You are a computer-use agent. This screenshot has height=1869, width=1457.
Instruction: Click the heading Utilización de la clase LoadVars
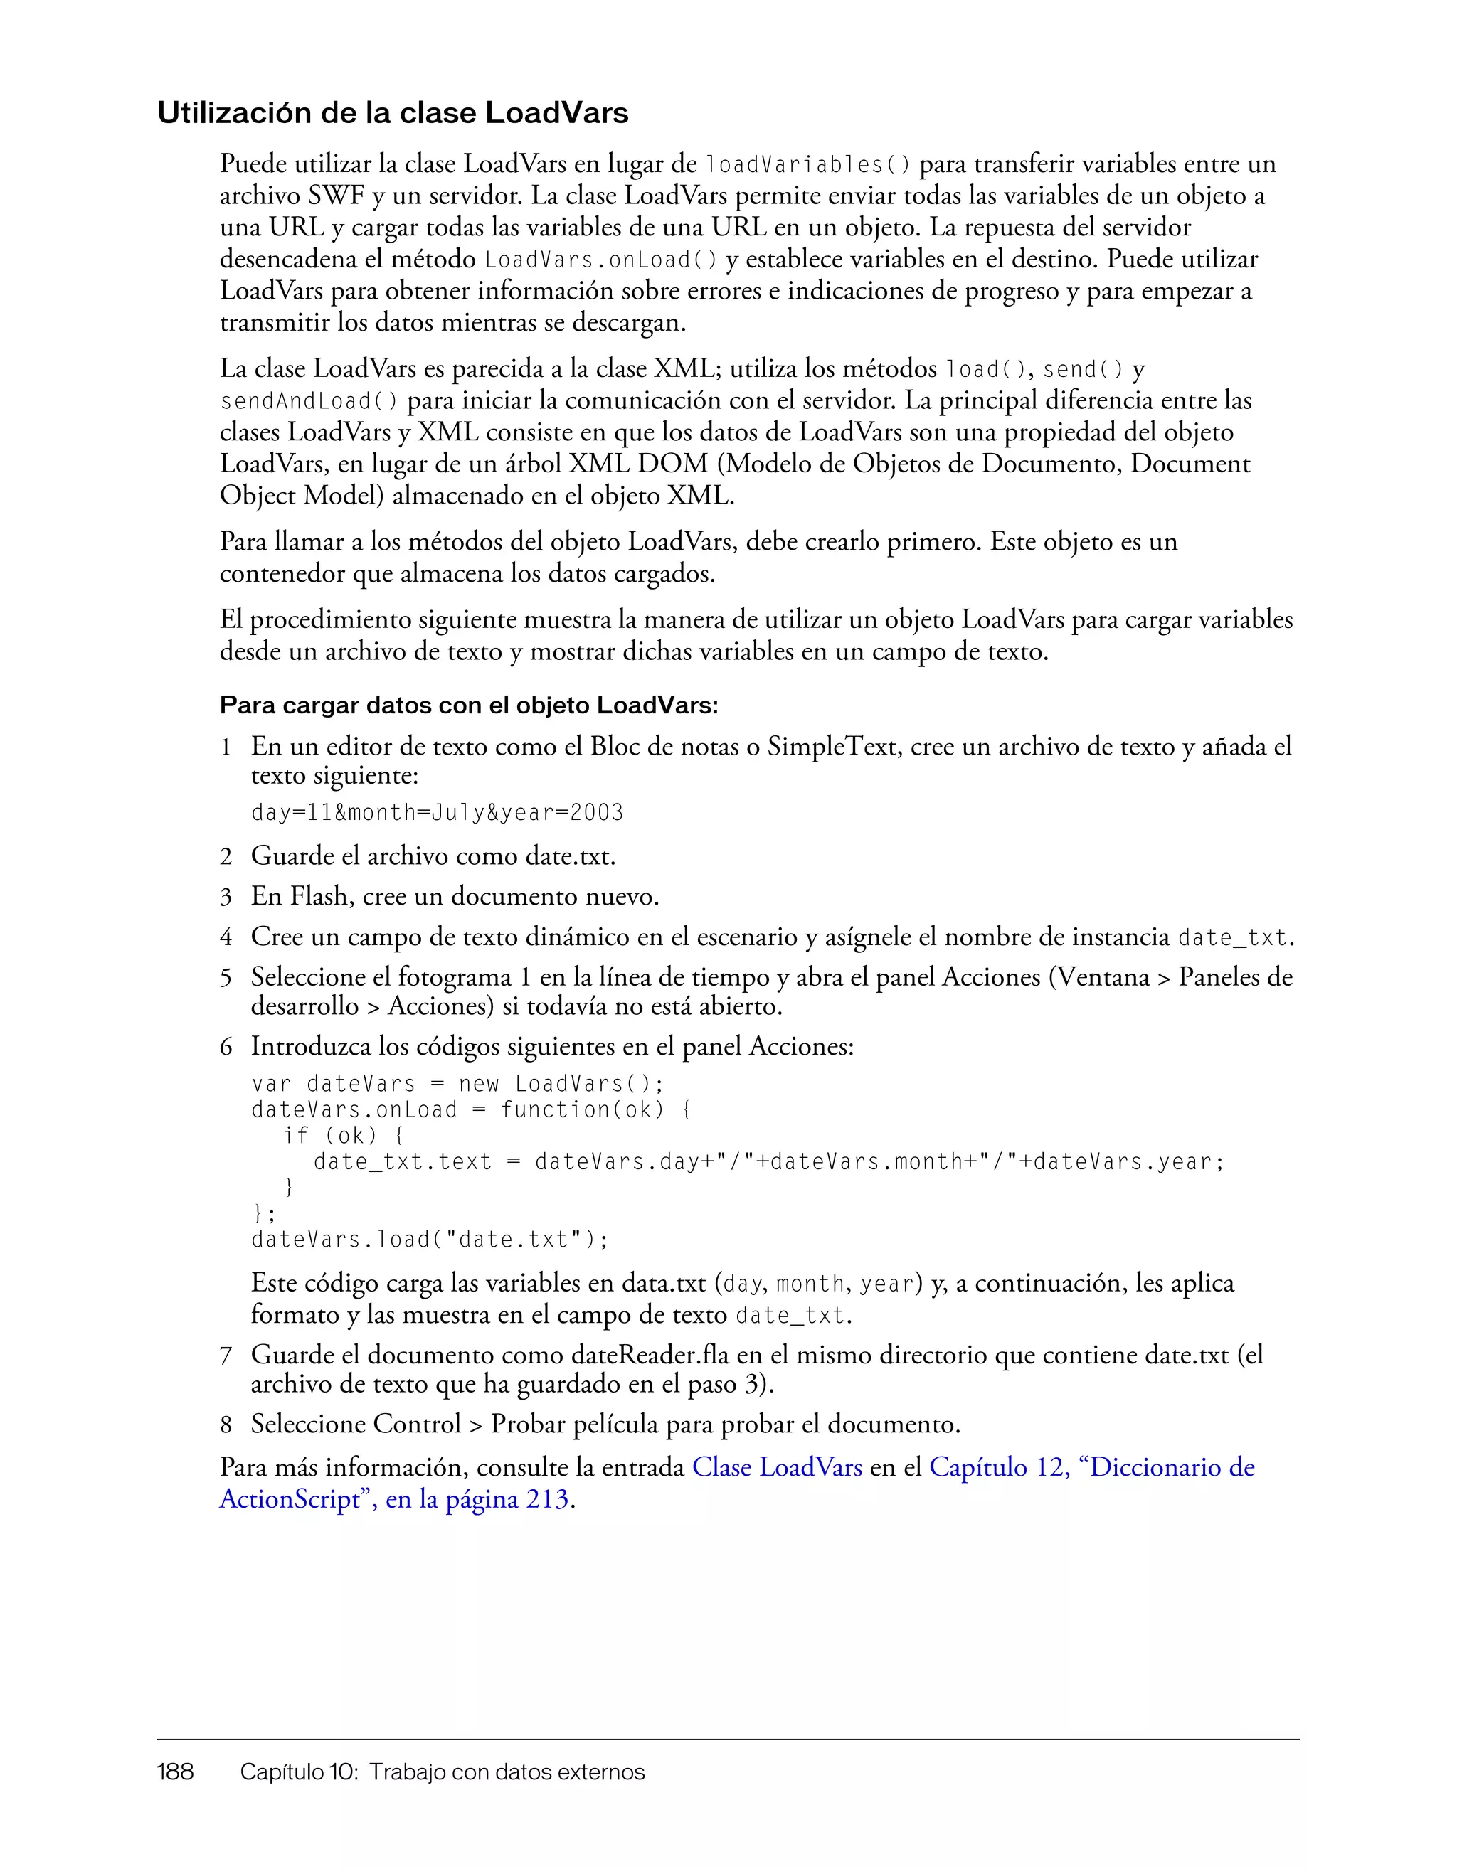393,113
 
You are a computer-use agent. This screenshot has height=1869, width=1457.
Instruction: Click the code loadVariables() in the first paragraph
807,164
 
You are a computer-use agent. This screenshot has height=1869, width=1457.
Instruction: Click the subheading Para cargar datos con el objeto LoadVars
468,705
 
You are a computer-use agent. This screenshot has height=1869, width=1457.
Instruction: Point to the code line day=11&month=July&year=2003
437,812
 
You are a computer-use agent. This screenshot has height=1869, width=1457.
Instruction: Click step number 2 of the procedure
226,856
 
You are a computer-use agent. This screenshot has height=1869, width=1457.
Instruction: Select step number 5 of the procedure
226,977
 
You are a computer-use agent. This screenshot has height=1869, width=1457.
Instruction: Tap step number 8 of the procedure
226,1424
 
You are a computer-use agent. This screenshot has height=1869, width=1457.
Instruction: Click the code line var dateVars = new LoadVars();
457,1085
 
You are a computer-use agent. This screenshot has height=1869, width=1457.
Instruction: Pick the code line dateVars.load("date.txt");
430,1240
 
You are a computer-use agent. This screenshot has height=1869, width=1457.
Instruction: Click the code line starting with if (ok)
342,1136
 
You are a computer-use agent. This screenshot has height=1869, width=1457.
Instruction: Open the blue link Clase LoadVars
776,1468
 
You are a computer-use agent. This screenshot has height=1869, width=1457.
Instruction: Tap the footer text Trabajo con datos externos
507,1772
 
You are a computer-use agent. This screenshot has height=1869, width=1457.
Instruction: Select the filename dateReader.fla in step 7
657,1355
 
